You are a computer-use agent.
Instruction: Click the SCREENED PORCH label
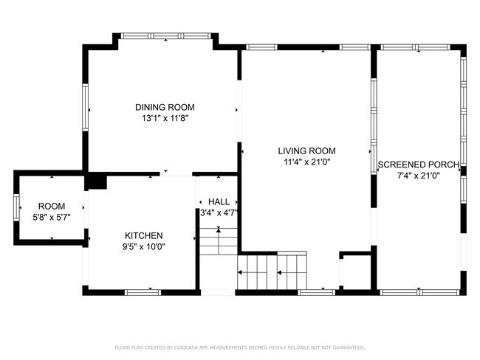click(418, 165)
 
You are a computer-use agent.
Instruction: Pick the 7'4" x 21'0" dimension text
click(418, 176)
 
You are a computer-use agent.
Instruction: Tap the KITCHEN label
click(143, 235)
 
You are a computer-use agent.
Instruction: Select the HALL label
click(218, 201)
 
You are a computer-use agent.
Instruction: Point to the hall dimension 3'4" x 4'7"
click(218, 213)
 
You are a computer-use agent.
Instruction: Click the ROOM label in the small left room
click(52, 206)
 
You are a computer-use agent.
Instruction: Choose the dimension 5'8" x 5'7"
click(52, 217)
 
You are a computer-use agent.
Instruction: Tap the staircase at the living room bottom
click(272, 271)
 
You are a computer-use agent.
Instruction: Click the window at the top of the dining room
click(164, 35)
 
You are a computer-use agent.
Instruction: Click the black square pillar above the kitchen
click(96, 181)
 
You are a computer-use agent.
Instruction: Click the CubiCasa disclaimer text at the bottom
click(239, 347)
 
